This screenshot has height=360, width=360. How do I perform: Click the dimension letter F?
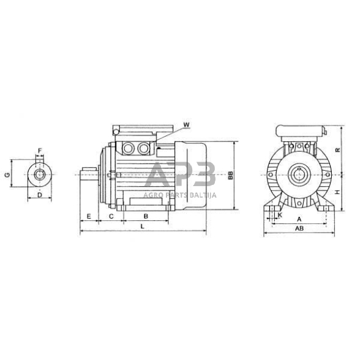[x=40, y=150]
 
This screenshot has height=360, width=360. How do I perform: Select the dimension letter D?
[x=40, y=195]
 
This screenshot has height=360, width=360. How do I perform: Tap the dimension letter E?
[x=89, y=217]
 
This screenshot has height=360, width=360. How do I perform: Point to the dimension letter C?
[x=111, y=217]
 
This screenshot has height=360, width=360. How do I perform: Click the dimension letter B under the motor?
[x=146, y=217]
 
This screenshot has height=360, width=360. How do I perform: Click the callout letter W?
[x=187, y=125]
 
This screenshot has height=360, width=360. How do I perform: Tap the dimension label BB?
[x=230, y=175]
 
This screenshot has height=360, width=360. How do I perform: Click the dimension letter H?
[x=337, y=191]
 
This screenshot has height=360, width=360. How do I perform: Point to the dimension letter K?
[x=280, y=216]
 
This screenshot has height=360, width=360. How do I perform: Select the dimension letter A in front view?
[x=299, y=218]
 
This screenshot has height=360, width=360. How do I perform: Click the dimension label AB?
[x=299, y=228]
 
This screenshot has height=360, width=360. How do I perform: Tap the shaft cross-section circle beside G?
[x=40, y=175]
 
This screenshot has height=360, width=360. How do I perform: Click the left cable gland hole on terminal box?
[x=129, y=148]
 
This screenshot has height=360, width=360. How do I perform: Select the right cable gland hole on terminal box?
[x=144, y=148]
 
